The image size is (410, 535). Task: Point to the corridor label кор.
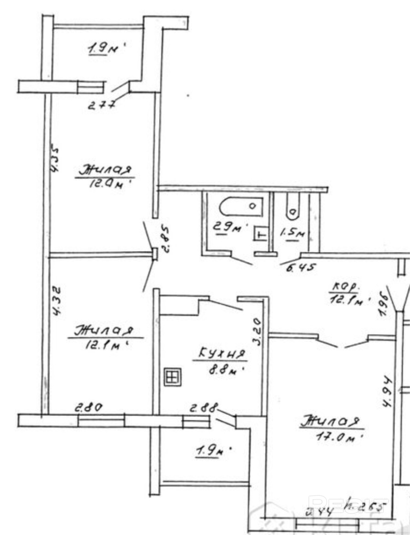click(x=345, y=287)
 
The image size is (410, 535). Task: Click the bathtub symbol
click(x=241, y=206)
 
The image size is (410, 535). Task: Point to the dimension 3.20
click(x=257, y=331)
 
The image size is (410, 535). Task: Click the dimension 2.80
click(x=89, y=408)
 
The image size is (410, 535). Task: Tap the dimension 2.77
click(x=101, y=104)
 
